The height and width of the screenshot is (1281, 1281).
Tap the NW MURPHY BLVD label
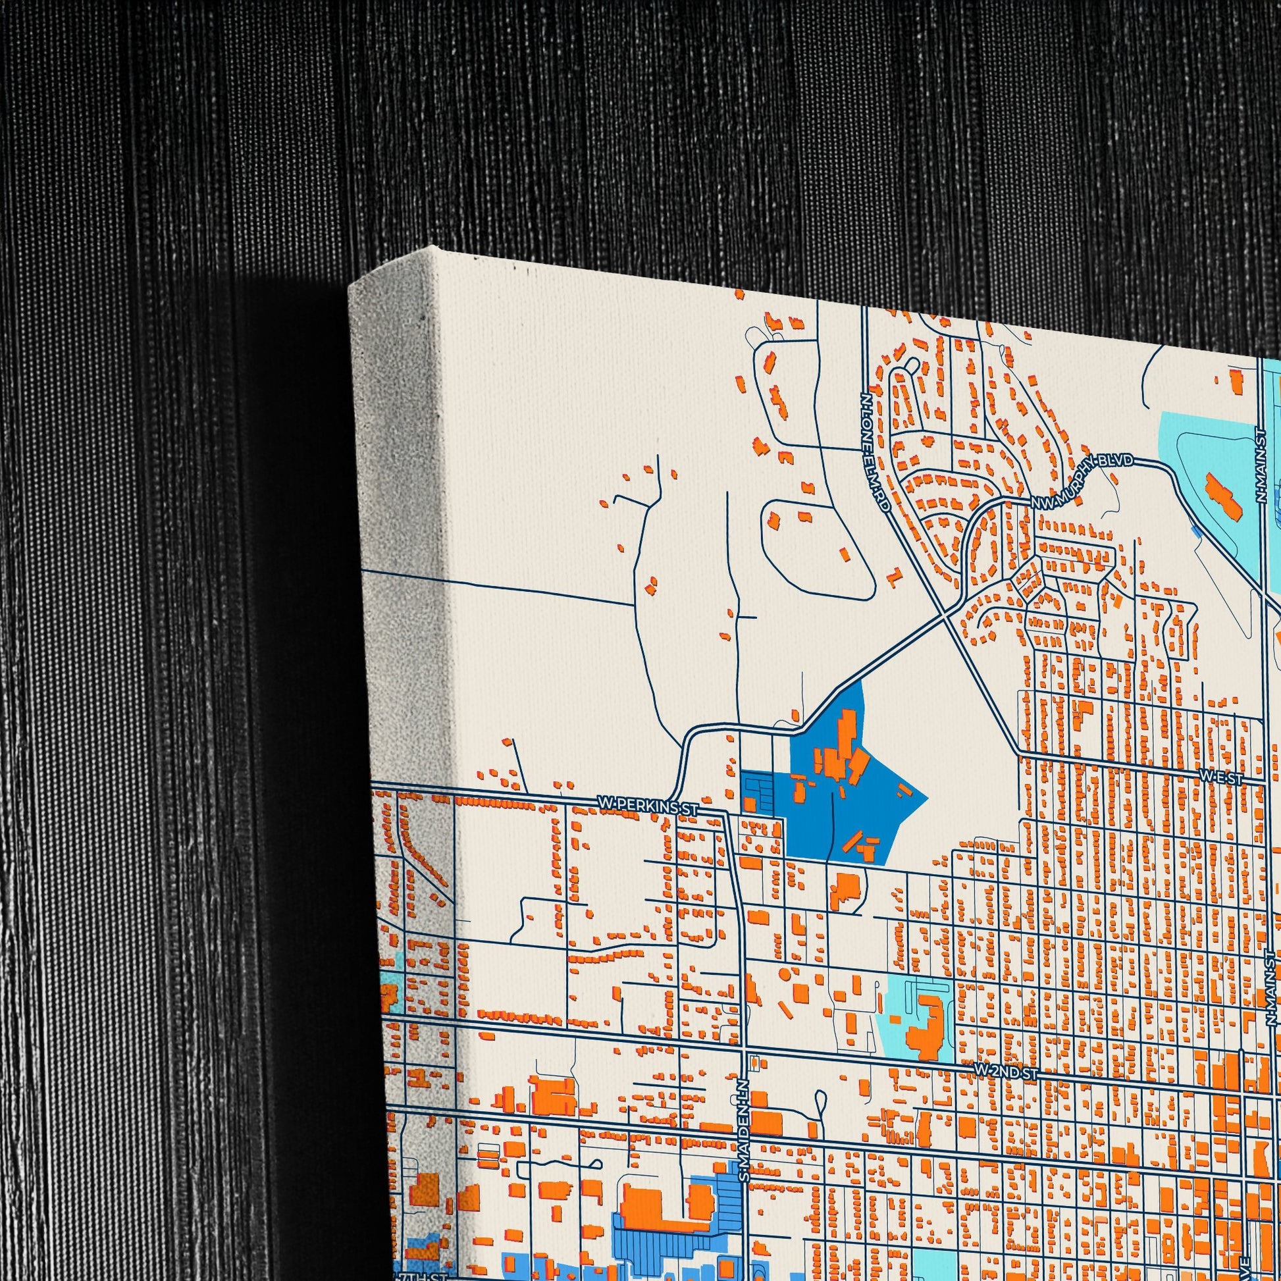point(1082,480)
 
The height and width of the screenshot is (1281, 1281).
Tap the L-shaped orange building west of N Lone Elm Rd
point(895,575)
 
